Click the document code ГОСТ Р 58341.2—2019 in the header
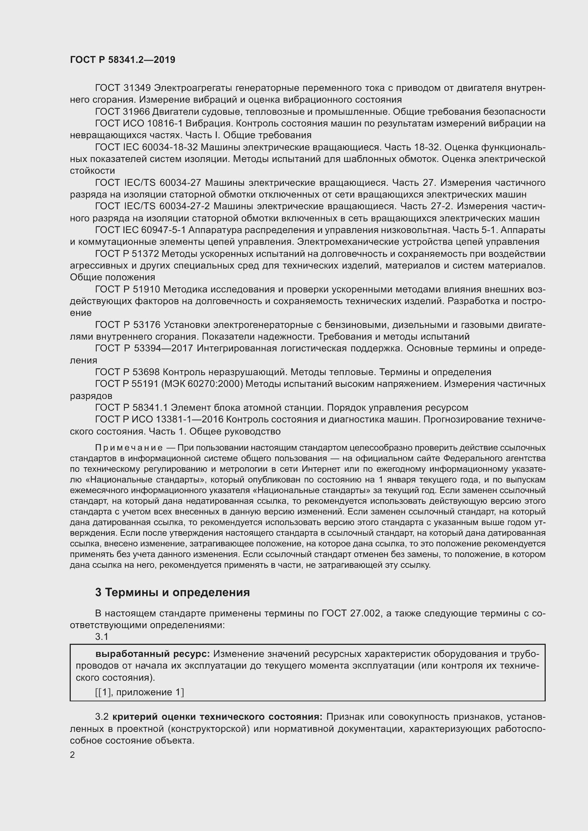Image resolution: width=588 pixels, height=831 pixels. click(x=122, y=60)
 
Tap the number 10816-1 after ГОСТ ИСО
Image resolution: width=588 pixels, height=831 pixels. click(x=164, y=123)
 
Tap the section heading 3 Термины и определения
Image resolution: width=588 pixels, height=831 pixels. click(x=172, y=593)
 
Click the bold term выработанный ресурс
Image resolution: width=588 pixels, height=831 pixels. click(x=153, y=654)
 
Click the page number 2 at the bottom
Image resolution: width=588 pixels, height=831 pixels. click(x=73, y=755)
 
